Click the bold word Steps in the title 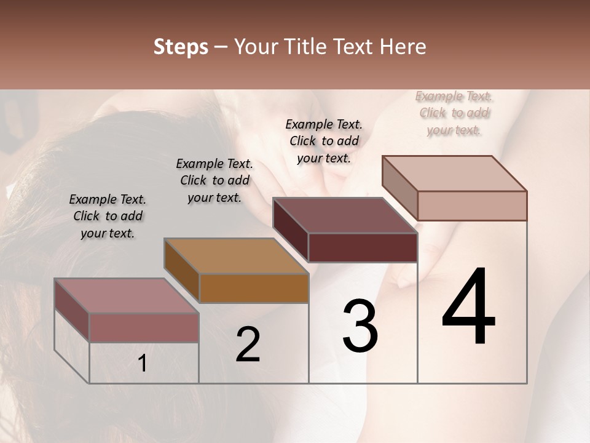click(181, 47)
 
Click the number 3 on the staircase click(360, 326)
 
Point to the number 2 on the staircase click(248, 345)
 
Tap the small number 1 click(143, 364)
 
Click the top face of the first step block click(126, 295)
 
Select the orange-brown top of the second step click(236, 256)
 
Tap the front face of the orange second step click(254, 288)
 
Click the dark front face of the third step click(363, 248)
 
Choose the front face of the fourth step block click(472, 206)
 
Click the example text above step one click(108, 216)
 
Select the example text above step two click(214, 180)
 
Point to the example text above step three click(324, 141)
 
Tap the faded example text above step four click(454, 113)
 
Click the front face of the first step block click(144, 327)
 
